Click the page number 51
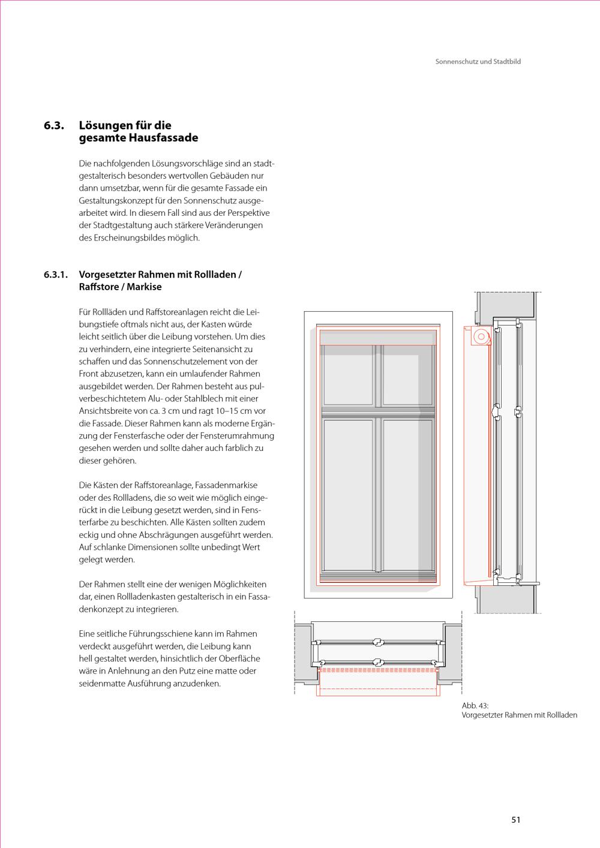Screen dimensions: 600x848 (516, 820)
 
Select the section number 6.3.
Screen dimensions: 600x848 (54, 125)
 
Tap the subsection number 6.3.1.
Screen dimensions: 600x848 (56, 275)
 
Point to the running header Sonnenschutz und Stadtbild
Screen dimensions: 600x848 (478, 61)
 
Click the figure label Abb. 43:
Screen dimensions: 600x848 (475, 706)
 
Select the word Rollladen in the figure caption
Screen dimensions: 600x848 (562, 715)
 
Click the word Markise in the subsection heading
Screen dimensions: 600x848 (144, 287)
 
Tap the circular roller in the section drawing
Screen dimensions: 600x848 (481, 336)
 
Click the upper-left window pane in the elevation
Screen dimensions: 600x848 (348, 374)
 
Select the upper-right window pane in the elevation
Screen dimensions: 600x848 (407, 374)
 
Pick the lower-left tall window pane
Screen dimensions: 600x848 (348, 495)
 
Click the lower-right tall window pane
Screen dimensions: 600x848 (407, 495)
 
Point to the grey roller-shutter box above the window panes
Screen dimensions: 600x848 (378, 337)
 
